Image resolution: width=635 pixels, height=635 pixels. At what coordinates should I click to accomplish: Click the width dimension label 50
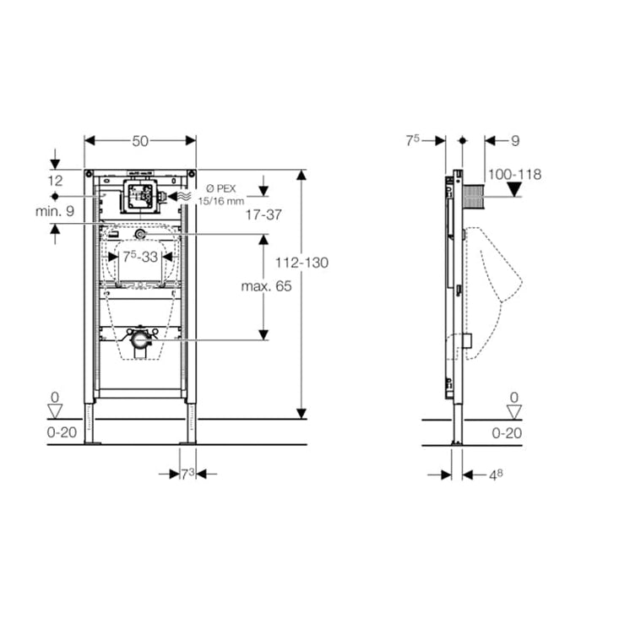(x=140, y=141)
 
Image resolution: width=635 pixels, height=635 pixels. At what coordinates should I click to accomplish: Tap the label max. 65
(x=265, y=286)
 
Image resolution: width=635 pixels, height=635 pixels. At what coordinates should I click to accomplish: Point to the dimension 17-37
(x=263, y=215)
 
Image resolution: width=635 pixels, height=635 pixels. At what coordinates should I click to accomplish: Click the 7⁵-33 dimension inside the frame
(x=140, y=255)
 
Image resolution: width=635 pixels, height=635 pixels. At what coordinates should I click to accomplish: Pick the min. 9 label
(x=54, y=211)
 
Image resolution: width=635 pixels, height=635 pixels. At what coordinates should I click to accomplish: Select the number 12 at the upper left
(x=55, y=180)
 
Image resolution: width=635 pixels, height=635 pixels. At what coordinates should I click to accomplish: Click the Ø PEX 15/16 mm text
(x=221, y=193)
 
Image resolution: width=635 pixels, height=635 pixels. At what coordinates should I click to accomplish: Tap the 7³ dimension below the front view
(x=187, y=474)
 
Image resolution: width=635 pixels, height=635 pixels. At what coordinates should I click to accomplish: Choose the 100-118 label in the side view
(x=514, y=174)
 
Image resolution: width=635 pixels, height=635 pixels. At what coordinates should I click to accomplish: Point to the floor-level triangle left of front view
(x=55, y=412)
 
